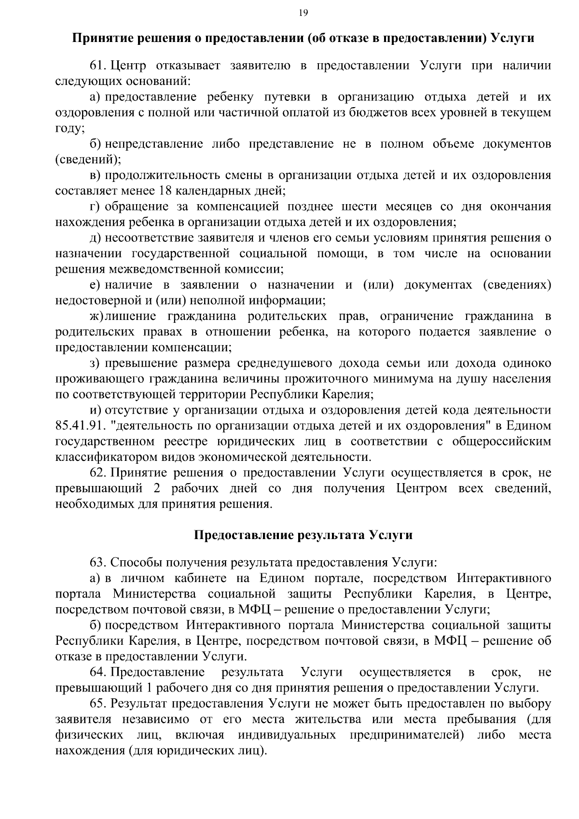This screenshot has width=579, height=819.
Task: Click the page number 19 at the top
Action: (303, 13)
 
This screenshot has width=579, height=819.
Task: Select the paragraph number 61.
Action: (97, 66)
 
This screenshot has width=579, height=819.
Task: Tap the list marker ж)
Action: (96, 317)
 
